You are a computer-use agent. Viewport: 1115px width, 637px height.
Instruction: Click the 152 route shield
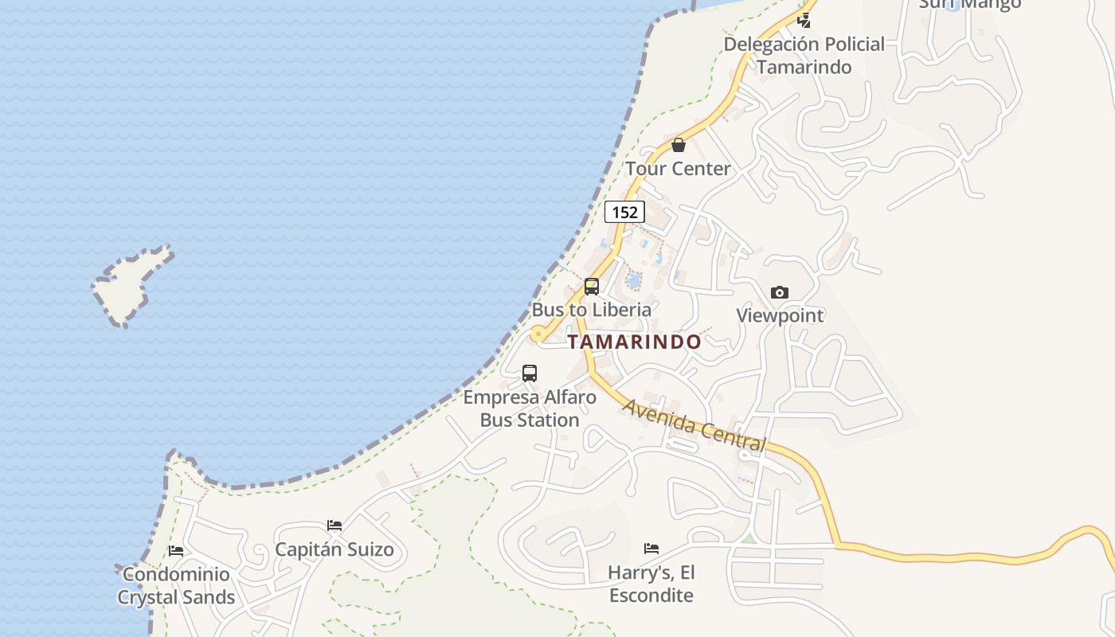(624, 212)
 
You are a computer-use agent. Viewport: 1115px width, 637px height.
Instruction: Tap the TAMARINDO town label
(634, 342)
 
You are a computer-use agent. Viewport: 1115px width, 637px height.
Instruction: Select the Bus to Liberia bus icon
(591, 287)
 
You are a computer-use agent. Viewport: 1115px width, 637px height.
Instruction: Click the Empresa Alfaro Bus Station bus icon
(530, 373)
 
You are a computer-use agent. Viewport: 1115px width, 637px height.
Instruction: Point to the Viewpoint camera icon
(780, 292)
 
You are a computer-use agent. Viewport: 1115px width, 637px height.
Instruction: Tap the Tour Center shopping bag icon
(679, 145)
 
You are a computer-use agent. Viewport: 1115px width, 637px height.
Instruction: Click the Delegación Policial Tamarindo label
(804, 56)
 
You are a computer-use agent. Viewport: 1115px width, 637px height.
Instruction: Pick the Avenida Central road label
(694, 426)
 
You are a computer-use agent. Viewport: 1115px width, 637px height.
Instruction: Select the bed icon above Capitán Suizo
(334, 526)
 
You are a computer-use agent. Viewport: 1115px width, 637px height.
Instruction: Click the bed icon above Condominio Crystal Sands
(176, 550)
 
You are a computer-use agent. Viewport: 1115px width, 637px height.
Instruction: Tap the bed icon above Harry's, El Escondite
(651, 548)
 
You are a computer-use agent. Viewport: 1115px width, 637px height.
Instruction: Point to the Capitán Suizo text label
(334, 549)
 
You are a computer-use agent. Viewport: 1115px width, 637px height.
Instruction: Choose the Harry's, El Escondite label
(651, 584)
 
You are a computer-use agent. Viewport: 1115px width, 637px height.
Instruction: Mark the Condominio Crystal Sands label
(176, 586)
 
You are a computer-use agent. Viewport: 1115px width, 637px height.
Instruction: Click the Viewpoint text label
(780, 315)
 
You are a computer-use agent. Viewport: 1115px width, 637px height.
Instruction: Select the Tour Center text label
(678, 169)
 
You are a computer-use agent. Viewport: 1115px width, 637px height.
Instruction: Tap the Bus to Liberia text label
(592, 310)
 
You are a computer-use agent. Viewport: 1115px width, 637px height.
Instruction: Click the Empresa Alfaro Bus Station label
(530, 408)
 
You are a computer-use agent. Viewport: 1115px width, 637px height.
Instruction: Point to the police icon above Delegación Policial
(806, 21)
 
